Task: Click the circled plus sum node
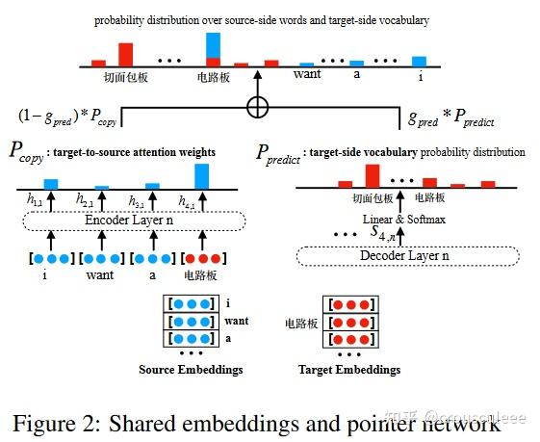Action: [257, 108]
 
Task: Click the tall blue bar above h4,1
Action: [201, 175]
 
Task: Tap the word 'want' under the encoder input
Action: [95, 276]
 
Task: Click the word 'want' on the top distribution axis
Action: [307, 74]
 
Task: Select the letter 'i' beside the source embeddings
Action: [227, 303]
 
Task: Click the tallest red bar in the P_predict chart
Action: [371, 174]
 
